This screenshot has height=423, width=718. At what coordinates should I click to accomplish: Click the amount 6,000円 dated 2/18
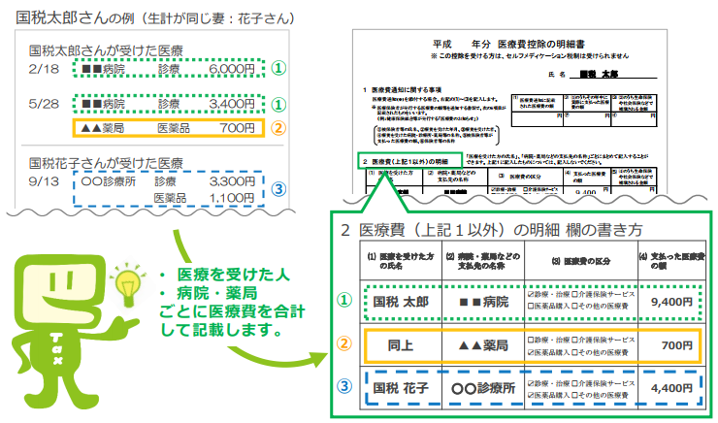[232, 70]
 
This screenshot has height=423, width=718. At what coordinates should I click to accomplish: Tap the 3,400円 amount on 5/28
[232, 104]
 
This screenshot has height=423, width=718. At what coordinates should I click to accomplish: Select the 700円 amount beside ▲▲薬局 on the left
[237, 127]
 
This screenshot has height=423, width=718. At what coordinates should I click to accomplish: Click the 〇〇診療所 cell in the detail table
[476, 390]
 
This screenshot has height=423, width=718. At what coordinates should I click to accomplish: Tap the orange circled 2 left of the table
[344, 344]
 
